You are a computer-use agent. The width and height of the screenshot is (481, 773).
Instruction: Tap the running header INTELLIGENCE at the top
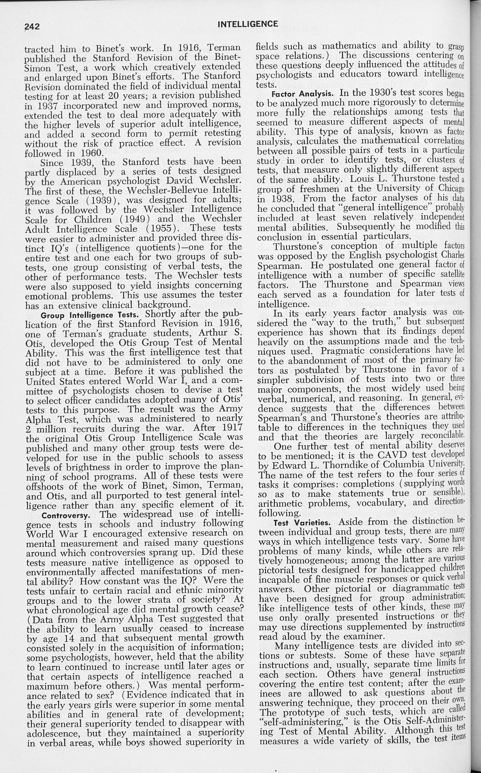point(248,24)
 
